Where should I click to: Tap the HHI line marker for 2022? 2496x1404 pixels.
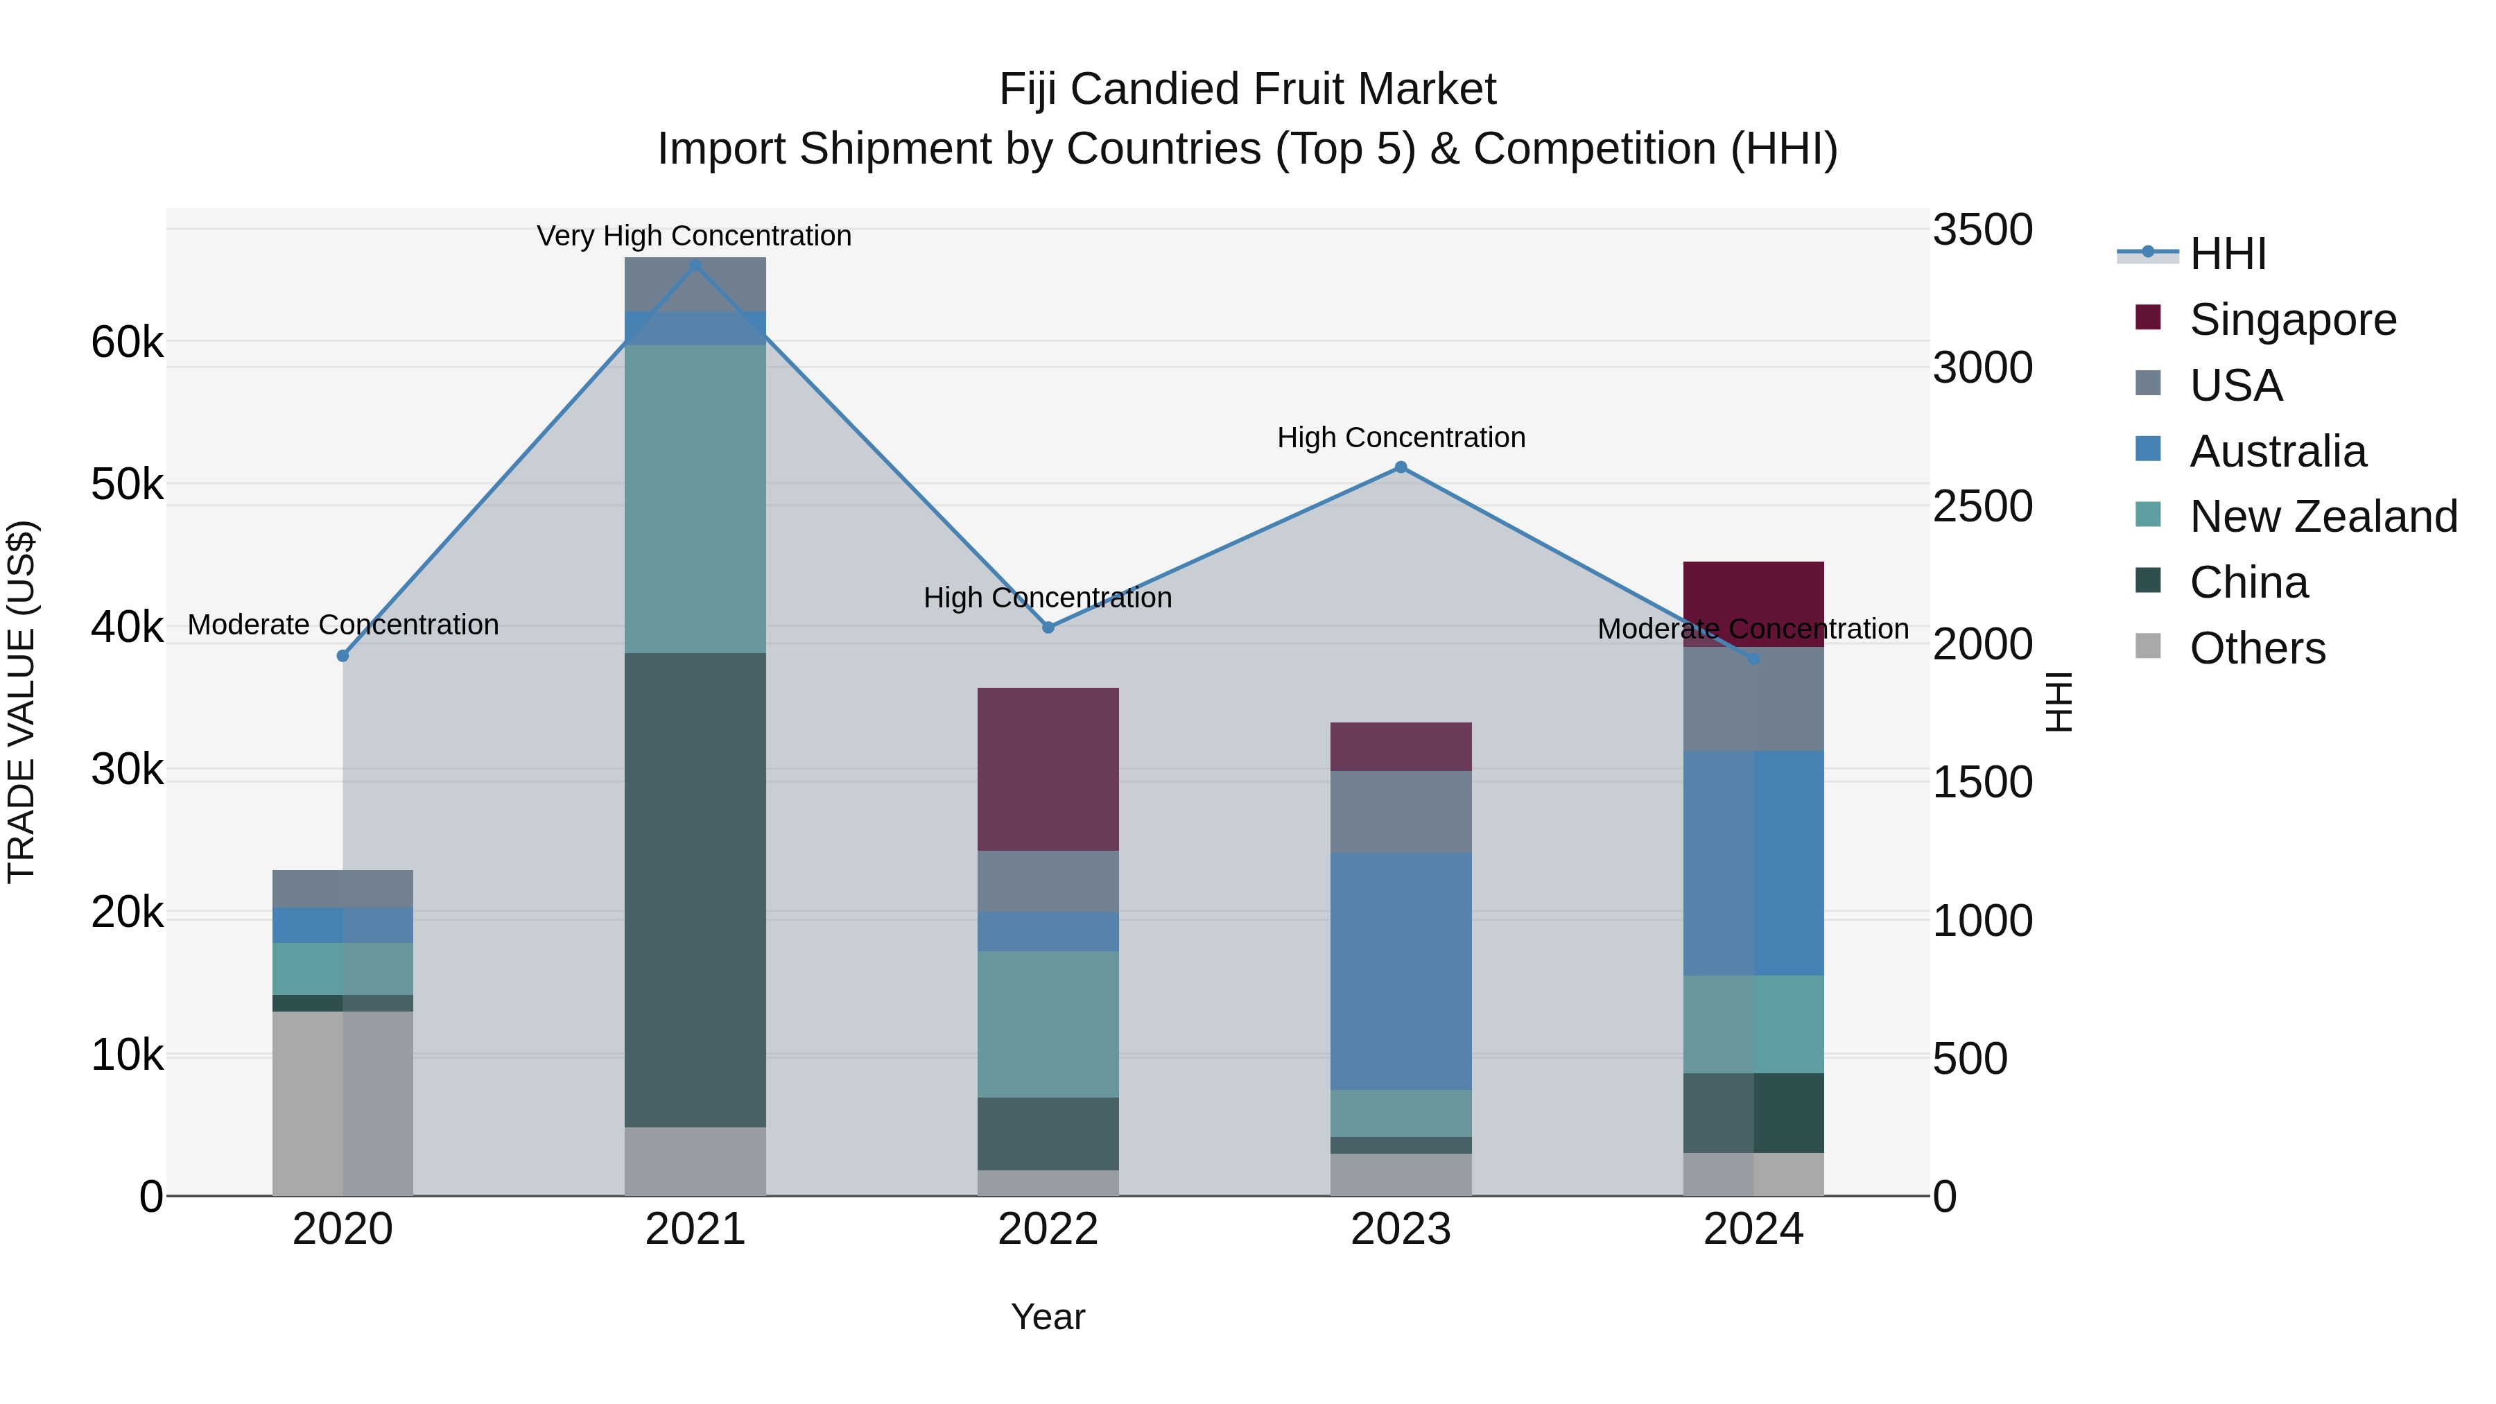[x=1048, y=628]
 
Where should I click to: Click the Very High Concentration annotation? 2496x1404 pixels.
[x=694, y=236]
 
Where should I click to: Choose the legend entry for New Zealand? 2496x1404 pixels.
[x=2323, y=517]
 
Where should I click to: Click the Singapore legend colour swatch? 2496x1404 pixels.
[x=2148, y=318]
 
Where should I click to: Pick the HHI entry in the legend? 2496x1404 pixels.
[x=2226, y=254]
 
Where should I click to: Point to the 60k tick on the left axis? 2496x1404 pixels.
[x=127, y=342]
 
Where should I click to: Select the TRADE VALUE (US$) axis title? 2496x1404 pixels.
[x=21, y=702]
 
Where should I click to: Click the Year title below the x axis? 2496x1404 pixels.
[x=1048, y=1317]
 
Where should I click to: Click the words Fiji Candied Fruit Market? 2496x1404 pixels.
[x=1247, y=89]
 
